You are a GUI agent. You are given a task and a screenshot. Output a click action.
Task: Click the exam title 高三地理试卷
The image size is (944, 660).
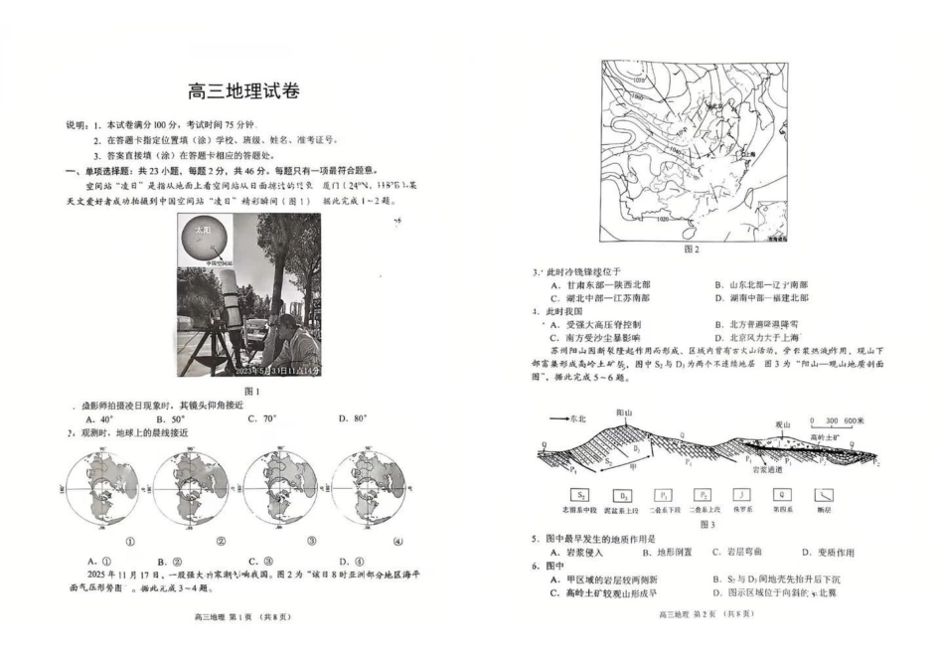tap(243, 91)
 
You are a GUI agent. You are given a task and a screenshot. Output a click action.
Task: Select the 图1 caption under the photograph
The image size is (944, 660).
tap(250, 392)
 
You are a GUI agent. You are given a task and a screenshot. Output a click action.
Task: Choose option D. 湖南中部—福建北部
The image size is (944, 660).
tap(761, 297)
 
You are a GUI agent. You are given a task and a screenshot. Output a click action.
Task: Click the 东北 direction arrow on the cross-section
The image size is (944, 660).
tap(559, 419)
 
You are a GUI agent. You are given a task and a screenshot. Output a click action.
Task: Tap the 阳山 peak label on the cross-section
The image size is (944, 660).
tap(624, 412)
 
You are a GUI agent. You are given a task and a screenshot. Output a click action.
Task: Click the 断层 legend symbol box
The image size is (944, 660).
tap(826, 494)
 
